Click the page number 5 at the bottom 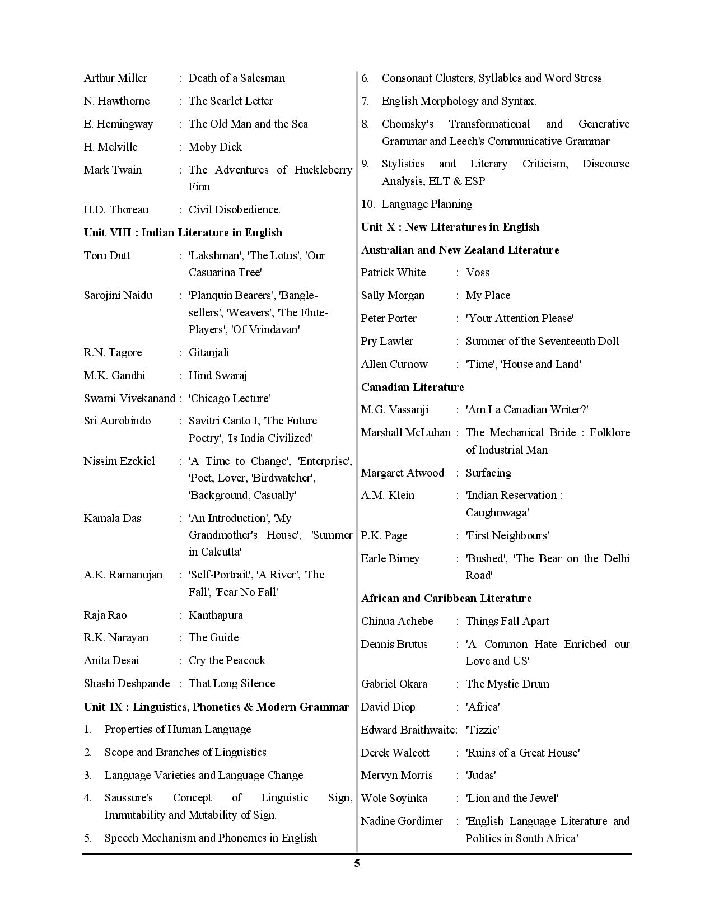click(x=357, y=863)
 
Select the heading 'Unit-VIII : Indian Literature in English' click(x=183, y=232)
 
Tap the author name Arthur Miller click(x=115, y=78)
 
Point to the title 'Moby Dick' click(x=215, y=147)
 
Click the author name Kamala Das click(x=112, y=518)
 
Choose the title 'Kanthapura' click(x=216, y=615)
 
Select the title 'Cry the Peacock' click(x=227, y=660)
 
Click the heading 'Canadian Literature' click(x=412, y=387)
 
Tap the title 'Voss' click(x=477, y=272)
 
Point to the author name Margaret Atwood click(x=402, y=473)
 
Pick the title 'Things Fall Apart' click(x=507, y=621)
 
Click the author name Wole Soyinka click(x=394, y=798)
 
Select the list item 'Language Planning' click(x=427, y=204)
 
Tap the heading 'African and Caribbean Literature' click(x=446, y=598)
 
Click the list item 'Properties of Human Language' click(x=178, y=729)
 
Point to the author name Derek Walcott click(x=395, y=753)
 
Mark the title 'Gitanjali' click(x=209, y=352)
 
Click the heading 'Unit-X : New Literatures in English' click(x=450, y=227)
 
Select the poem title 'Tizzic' click(x=482, y=730)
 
